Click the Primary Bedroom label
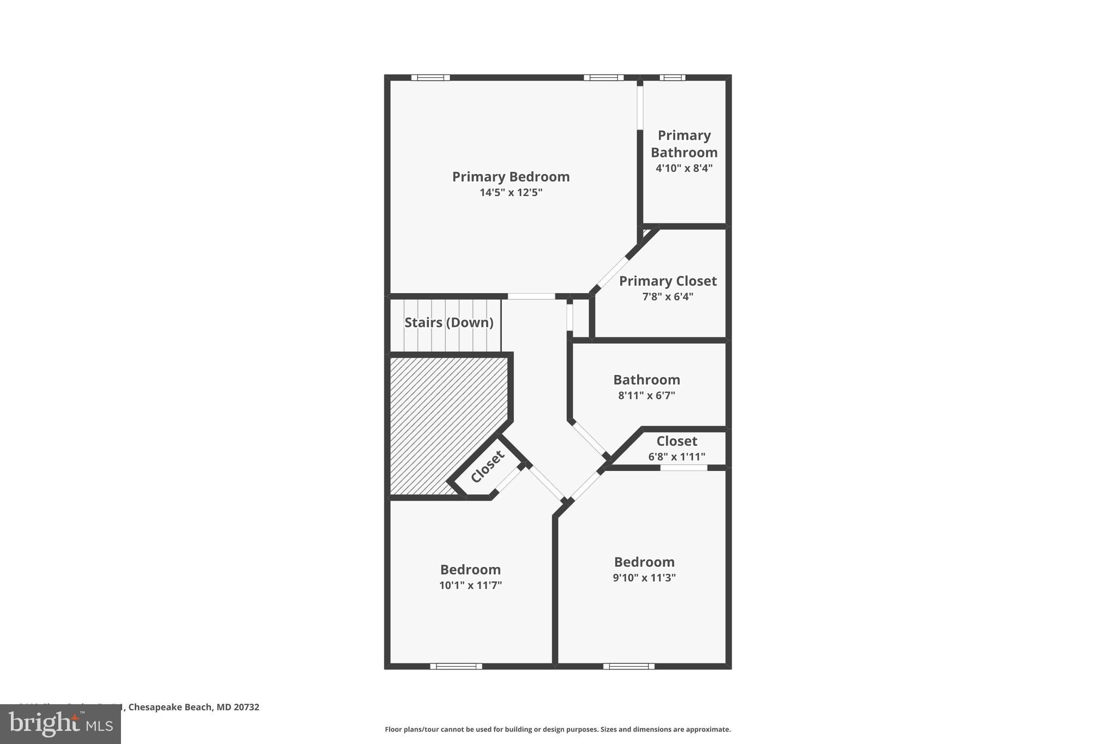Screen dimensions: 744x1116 511,177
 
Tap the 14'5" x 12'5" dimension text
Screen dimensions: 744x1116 511,192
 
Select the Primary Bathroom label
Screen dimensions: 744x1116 684,144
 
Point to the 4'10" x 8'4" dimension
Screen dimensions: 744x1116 684,168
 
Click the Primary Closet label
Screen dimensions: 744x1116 668,281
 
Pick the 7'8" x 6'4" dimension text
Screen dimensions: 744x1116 668,297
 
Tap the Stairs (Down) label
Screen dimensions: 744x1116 448,323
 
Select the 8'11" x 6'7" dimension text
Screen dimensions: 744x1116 646,396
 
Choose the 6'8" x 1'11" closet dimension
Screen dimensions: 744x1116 676,457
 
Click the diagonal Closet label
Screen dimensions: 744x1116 487,467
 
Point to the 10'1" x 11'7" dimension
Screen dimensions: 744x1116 470,585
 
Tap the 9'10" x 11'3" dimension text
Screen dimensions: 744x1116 644,578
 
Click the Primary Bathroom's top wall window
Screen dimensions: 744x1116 672,77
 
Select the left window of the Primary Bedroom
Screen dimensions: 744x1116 430,77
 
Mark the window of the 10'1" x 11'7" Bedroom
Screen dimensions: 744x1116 456,666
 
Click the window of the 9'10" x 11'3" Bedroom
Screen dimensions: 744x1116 628,666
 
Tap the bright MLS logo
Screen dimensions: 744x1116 60,724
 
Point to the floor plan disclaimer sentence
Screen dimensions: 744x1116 557,729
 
